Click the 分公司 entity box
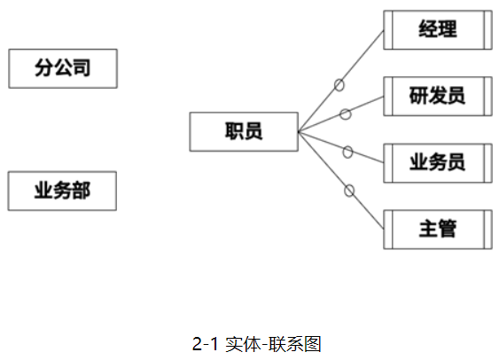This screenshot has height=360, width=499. [x=63, y=68]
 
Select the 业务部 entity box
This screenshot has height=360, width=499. [x=62, y=191]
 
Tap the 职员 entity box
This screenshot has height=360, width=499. [x=244, y=132]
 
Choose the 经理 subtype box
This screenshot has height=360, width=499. [x=438, y=30]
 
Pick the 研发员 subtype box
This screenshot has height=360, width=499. [x=438, y=96]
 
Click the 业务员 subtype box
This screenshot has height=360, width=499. [x=438, y=163]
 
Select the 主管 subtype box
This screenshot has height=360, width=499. [x=438, y=230]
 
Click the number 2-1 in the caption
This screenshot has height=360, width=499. [x=206, y=344]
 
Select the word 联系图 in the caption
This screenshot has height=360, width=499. [x=294, y=344]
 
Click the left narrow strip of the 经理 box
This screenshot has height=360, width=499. [x=388, y=30]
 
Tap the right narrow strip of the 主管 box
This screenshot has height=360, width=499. [x=487, y=230]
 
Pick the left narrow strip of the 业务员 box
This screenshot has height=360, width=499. [x=388, y=163]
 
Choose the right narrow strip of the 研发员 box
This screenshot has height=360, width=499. [x=487, y=96]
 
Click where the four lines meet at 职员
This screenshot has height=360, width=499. [x=299, y=131]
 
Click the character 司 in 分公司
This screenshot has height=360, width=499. [x=82, y=67]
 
